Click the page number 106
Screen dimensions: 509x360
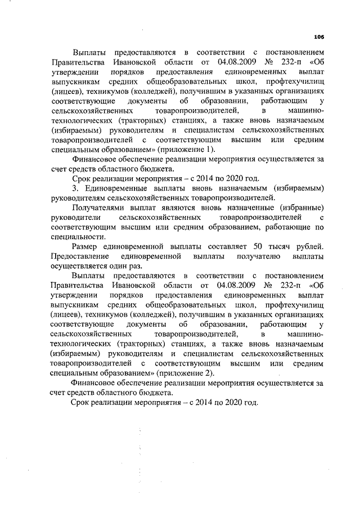(319, 37)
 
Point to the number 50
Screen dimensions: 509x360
(260, 247)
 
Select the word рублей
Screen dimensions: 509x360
(310, 247)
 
